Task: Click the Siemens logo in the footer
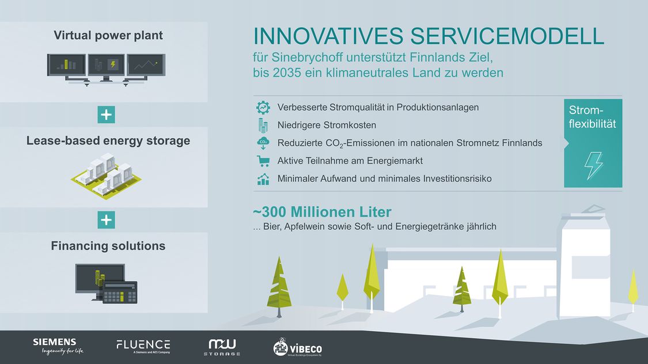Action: tap(58, 346)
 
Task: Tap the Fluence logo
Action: tap(143, 346)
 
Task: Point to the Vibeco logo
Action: tap(298, 347)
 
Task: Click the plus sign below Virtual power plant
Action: tap(106, 115)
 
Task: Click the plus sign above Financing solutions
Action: tap(106, 220)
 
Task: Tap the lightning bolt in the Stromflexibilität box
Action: tap(593, 166)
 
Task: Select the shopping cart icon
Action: tap(263, 161)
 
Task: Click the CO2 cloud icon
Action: tap(263, 143)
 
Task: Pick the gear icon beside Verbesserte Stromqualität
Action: tap(263, 108)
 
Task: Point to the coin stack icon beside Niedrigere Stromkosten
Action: tap(263, 125)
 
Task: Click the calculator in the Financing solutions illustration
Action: tap(120, 292)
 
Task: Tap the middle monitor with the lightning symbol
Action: tap(106, 65)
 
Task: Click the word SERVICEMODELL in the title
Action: tap(507, 36)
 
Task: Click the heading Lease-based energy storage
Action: tap(108, 141)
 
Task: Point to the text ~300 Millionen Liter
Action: tap(322, 212)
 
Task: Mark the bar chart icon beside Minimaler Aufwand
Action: tap(263, 179)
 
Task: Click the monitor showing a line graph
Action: tap(146, 65)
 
